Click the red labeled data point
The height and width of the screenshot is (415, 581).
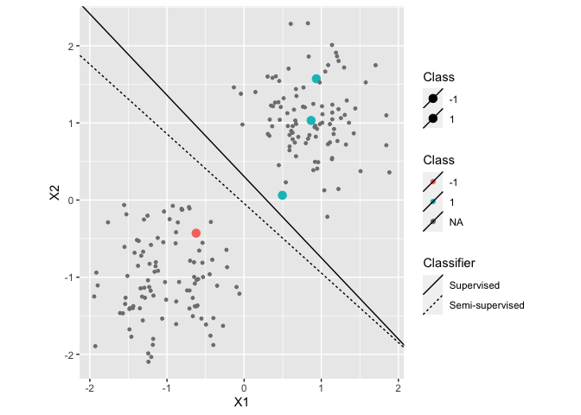(x=196, y=233)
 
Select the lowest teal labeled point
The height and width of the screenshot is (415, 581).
(x=283, y=195)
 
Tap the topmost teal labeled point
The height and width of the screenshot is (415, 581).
(x=316, y=80)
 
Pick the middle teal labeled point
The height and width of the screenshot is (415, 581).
(x=311, y=121)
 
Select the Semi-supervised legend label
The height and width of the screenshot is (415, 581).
(x=487, y=305)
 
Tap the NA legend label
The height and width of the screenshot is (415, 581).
(x=456, y=222)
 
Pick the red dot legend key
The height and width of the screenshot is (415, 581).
(x=432, y=181)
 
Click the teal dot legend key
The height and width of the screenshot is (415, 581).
(x=432, y=201)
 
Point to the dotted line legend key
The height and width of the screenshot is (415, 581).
(x=432, y=305)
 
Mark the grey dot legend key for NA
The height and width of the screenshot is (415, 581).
(x=432, y=222)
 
